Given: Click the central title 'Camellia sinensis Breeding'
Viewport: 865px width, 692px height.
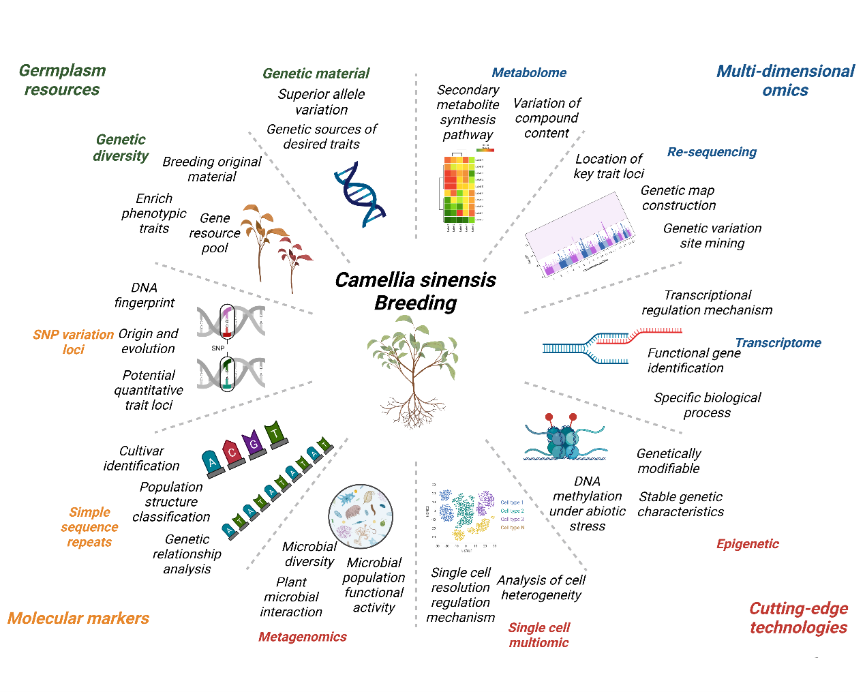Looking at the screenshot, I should (x=415, y=291).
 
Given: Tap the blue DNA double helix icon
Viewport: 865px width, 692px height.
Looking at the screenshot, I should (x=359, y=194).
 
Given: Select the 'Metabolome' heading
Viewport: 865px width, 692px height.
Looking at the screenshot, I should (x=529, y=73).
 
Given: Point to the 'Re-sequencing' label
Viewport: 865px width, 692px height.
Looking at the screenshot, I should (x=712, y=152).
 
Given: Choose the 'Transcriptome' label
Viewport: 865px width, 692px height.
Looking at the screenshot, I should (x=778, y=343).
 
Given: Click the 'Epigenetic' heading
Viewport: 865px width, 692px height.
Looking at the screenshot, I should (x=747, y=544).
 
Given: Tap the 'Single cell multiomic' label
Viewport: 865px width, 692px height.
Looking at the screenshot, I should (x=538, y=635).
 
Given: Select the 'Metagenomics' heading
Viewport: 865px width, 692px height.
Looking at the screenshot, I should (x=302, y=637).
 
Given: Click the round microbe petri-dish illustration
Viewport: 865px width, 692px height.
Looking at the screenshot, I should (x=361, y=516).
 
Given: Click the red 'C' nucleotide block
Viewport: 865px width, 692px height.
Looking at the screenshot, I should (x=232, y=453).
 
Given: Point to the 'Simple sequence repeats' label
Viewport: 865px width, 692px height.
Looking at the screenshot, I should (x=89, y=527).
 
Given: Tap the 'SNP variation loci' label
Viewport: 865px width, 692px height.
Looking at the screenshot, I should (x=73, y=342).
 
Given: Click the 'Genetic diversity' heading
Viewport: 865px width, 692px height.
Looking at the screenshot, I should (x=121, y=147).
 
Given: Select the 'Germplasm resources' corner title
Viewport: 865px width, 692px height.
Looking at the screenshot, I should (x=62, y=80).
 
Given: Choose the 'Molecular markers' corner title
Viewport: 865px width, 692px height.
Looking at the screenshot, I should (x=78, y=618).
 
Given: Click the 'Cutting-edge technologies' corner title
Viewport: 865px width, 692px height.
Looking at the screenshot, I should (x=798, y=618).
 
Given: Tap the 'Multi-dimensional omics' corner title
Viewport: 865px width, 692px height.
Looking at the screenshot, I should (x=785, y=80).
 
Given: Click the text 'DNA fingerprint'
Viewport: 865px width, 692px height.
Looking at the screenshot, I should (x=145, y=295).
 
